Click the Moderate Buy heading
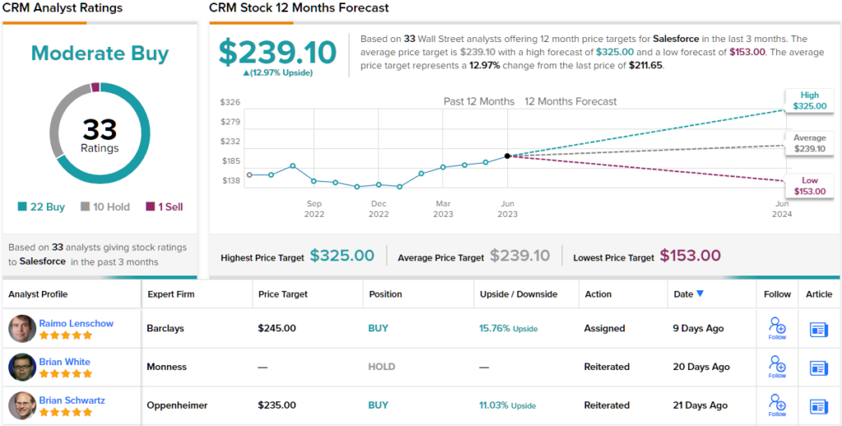[x=99, y=53]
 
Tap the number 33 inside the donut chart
[x=99, y=129]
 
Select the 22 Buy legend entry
[x=40, y=206]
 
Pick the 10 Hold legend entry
[x=104, y=206]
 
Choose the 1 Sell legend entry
[x=164, y=206]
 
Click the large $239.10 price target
[x=277, y=53]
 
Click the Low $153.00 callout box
[x=809, y=186]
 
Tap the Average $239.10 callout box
[x=809, y=143]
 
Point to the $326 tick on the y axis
[x=229, y=102]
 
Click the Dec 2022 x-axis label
[x=378, y=209]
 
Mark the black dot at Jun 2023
[x=507, y=155]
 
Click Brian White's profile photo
[x=22, y=367]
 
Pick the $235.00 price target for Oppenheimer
[x=277, y=405]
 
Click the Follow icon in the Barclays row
[x=777, y=326]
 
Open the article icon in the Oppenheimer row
[x=819, y=405]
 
